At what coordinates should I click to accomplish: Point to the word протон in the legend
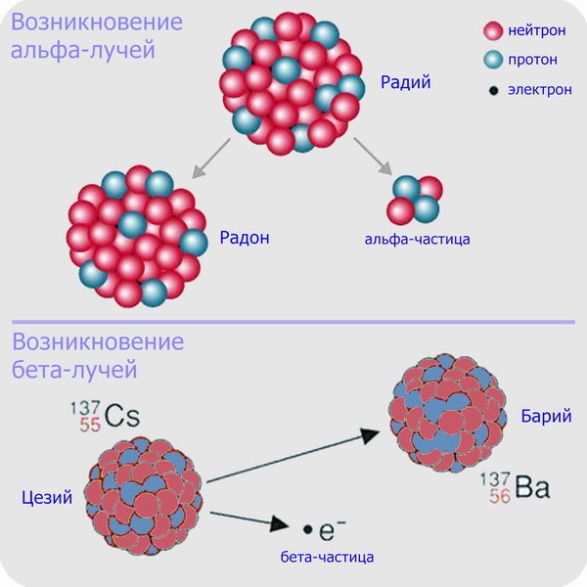click(x=533, y=60)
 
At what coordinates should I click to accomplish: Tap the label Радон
click(x=246, y=236)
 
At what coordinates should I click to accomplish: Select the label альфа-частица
click(x=418, y=238)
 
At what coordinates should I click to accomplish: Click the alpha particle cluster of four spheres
click(x=414, y=199)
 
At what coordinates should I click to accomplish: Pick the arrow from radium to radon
click(x=211, y=158)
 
